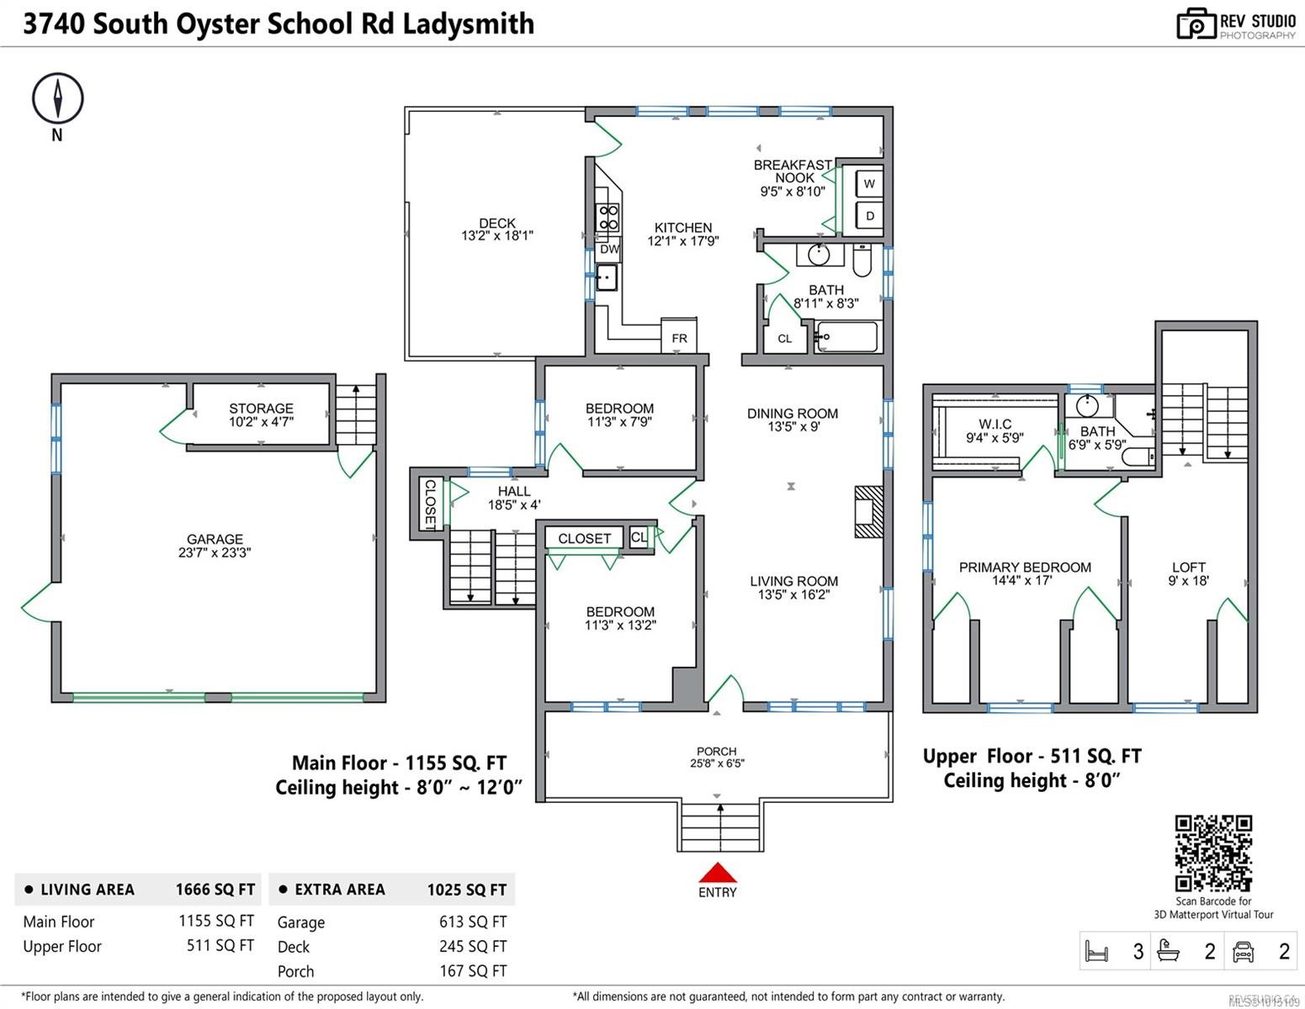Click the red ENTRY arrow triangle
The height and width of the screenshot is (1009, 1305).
717,874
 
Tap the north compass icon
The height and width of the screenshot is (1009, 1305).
57,98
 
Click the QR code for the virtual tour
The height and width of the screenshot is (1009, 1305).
1213,853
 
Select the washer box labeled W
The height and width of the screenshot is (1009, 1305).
869,183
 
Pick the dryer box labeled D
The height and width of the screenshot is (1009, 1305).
869,216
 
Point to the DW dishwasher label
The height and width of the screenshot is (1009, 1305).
609,249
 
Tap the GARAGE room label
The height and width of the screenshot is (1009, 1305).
215,539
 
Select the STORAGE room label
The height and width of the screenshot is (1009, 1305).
261,409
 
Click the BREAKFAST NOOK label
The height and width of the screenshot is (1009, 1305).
793,172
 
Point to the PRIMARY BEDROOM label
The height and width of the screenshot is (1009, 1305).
1024,568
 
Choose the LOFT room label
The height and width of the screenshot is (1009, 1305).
1188,568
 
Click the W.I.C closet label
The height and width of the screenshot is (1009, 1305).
995,425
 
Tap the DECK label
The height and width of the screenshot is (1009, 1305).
497,224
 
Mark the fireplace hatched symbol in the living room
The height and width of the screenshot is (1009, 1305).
867,511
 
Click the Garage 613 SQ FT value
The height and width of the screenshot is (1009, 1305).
472,922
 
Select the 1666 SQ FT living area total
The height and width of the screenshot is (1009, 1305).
215,890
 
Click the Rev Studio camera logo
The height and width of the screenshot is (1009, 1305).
1196,24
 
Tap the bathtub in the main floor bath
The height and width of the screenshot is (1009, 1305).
846,337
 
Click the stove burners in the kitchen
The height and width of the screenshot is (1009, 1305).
607,218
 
